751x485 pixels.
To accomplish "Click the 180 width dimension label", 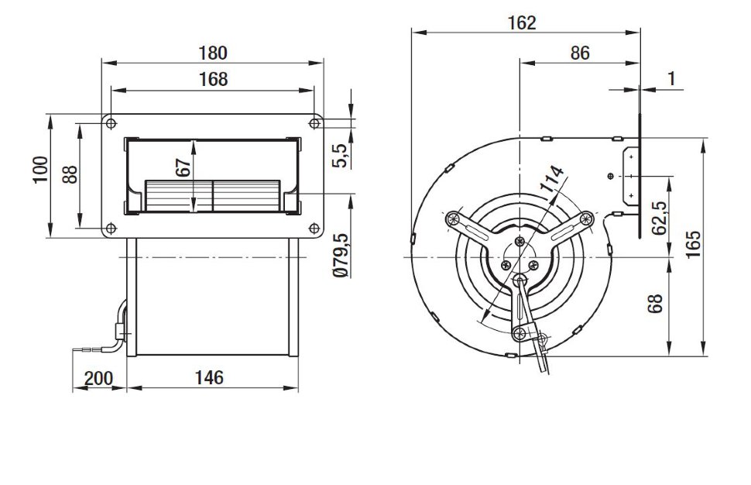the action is point(213,53).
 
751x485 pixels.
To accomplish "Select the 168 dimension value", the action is point(213,79).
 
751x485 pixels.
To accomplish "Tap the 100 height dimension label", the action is point(40,169).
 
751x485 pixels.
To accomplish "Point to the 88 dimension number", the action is point(70,174).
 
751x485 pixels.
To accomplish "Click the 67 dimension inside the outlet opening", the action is point(183,168).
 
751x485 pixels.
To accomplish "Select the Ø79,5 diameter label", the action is point(341,256).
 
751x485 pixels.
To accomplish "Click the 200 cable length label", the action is point(99,378).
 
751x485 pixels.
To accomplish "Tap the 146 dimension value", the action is point(209,377).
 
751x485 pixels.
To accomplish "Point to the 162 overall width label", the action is point(522,22).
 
